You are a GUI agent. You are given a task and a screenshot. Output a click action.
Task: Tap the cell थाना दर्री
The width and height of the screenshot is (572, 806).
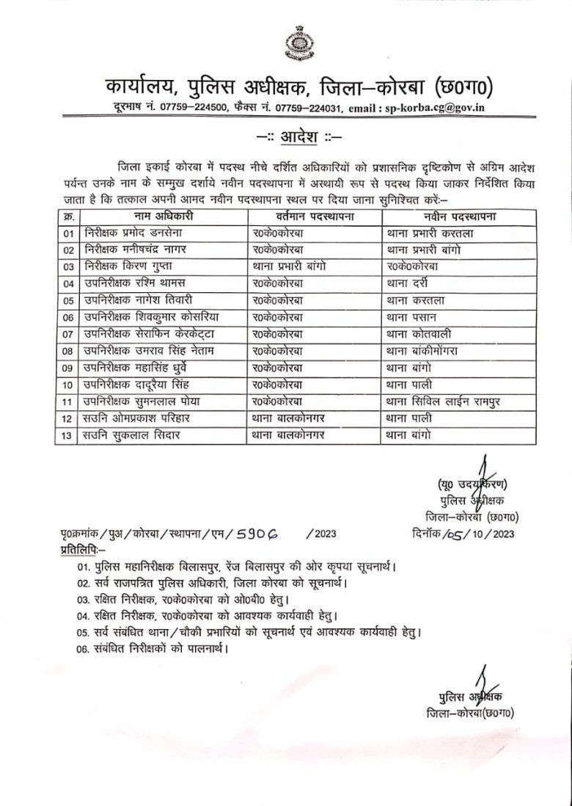406,283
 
